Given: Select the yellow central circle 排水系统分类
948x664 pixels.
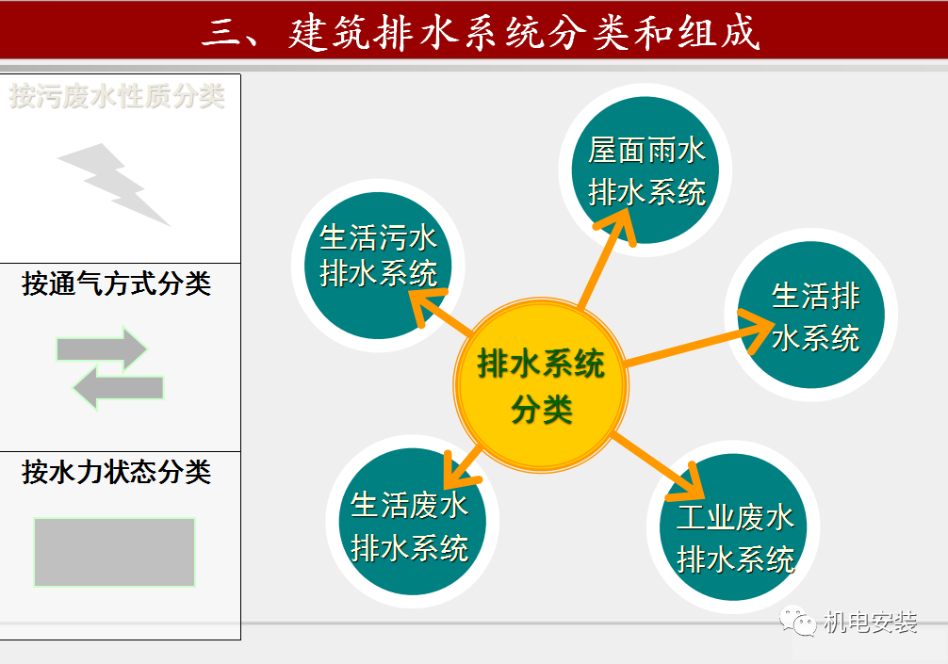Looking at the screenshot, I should pos(541,384).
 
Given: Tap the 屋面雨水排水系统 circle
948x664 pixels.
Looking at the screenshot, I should pos(646,170).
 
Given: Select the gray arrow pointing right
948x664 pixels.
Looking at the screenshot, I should pos(102,349).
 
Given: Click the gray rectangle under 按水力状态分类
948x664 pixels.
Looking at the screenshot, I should pos(114,552).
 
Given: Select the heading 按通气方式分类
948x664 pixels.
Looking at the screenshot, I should pos(117,283).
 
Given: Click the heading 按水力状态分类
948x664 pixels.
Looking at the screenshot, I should pos(117,472).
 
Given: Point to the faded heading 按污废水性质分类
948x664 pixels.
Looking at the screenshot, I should pos(118,95).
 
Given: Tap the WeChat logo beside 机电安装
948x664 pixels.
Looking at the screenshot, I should pos(796,621).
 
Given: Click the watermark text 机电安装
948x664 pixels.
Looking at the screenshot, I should pos(870,623).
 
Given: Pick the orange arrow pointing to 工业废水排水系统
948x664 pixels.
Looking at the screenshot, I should pos(660,466).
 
